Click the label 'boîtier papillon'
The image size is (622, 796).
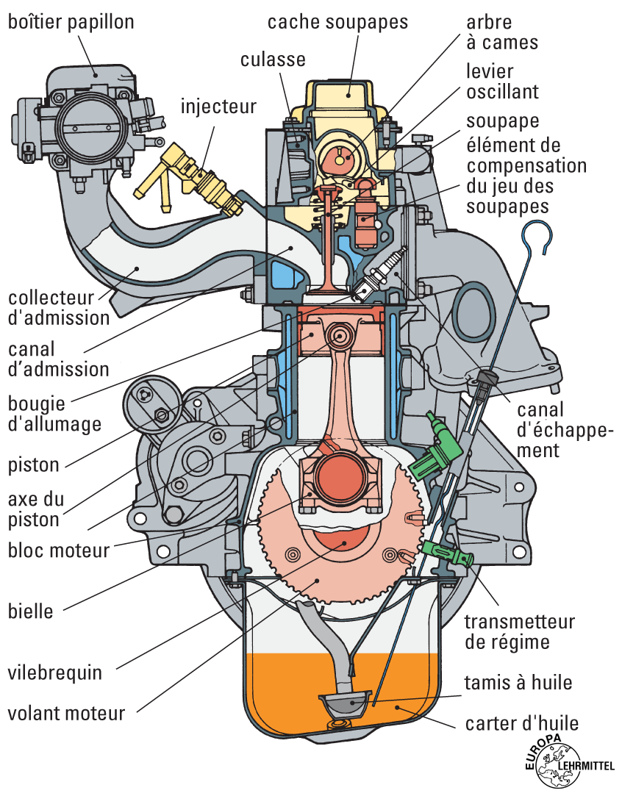coord(71,22)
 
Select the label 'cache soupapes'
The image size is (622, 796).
coord(337,21)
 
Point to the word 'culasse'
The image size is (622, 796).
coord(273,59)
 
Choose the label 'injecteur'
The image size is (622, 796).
coord(218,107)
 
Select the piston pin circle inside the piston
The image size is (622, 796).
coord(340,337)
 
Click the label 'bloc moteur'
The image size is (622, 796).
coord(58,550)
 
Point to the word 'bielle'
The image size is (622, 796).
coord(31,610)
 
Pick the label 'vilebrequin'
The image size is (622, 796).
coord(54,673)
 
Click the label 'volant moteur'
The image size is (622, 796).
coord(66,712)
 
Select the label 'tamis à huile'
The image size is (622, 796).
coord(518,682)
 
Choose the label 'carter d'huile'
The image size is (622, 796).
coord(522,723)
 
